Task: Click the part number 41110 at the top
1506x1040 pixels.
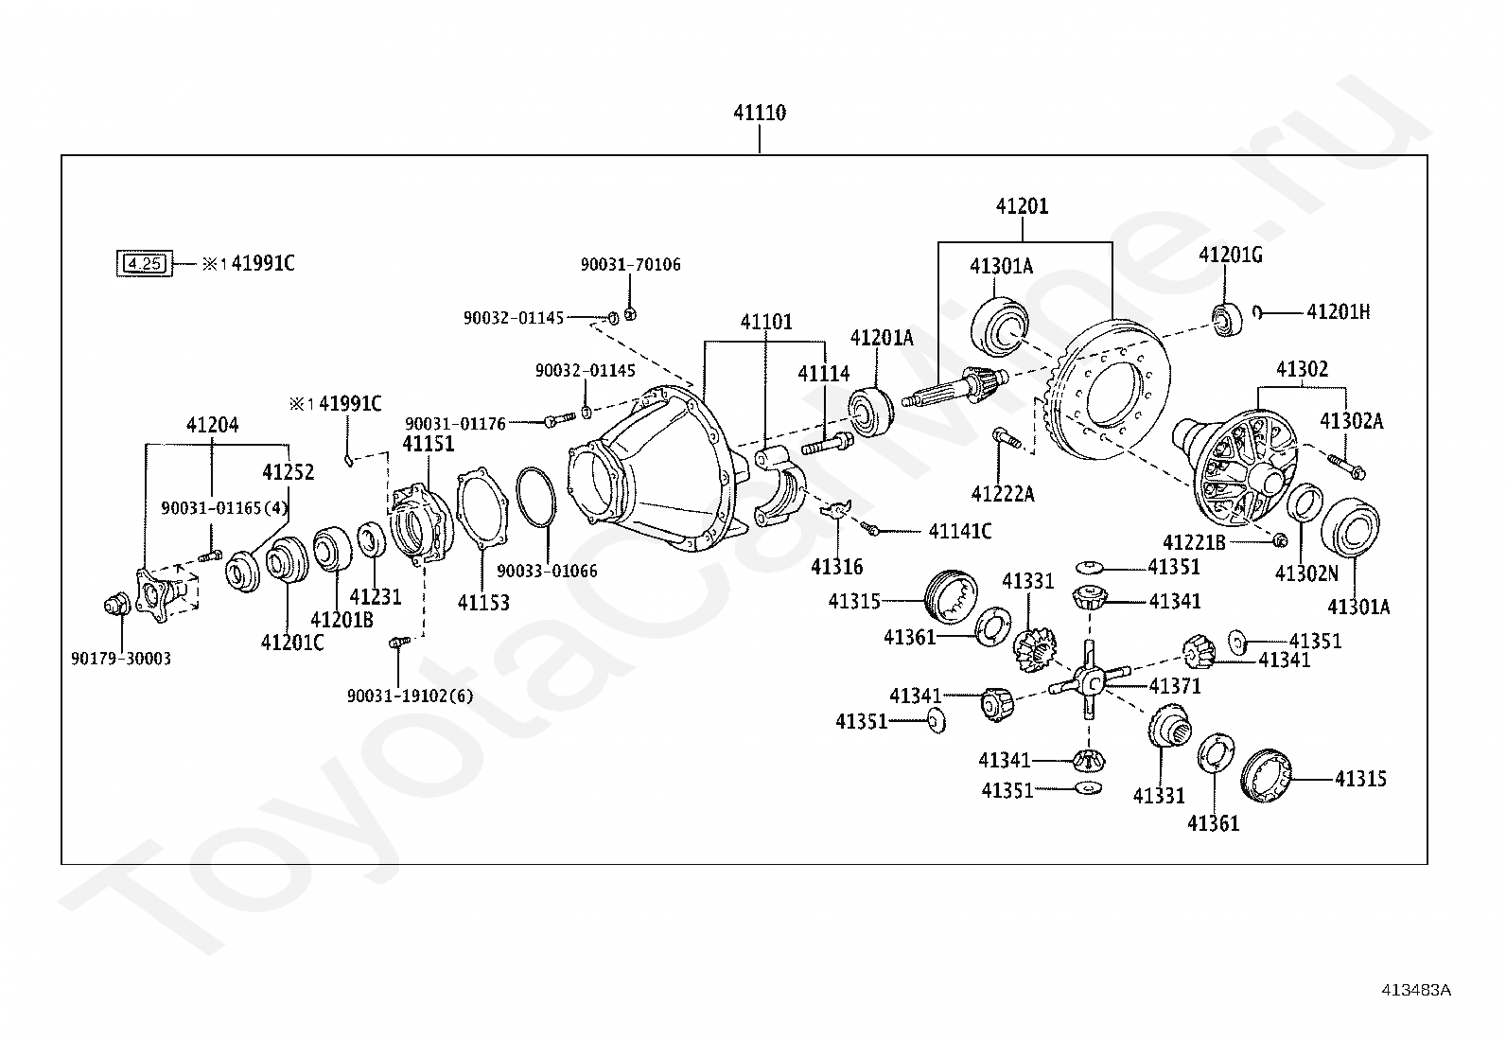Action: pyautogui.click(x=760, y=114)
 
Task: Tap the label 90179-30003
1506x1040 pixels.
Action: pyautogui.click(x=121, y=658)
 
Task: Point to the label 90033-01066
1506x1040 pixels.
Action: pyautogui.click(x=547, y=571)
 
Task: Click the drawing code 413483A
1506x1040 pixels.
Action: pyautogui.click(x=1415, y=990)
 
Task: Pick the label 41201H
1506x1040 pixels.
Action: pyautogui.click(x=1338, y=311)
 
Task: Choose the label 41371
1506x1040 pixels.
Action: pyautogui.click(x=1175, y=686)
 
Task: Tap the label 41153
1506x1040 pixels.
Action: pyautogui.click(x=483, y=602)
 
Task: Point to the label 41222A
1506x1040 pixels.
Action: pyautogui.click(x=1003, y=493)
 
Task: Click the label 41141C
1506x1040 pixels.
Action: pyautogui.click(x=959, y=532)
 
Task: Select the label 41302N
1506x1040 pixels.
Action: pyautogui.click(x=1306, y=573)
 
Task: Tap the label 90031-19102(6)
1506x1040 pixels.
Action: pyautogui.click(x=411, y=696)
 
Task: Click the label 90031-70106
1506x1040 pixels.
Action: pyautogui.click(x=630, y=265)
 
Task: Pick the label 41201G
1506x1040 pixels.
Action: pyautogui.click(x=1231, y=256)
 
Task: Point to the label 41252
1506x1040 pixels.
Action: pyautogui.click(x=289, y=471)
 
